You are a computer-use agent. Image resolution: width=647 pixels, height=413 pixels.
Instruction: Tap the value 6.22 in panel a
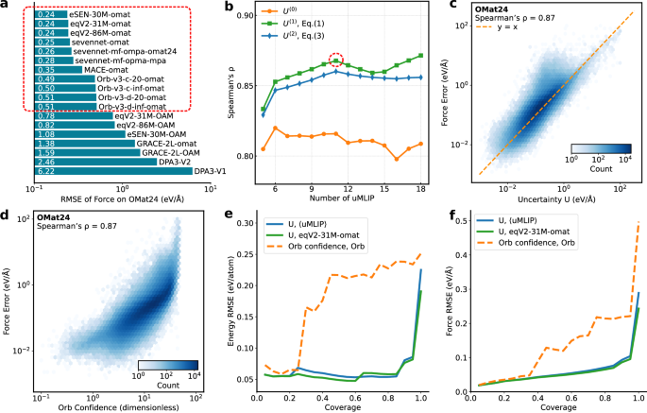[x=43, y=170]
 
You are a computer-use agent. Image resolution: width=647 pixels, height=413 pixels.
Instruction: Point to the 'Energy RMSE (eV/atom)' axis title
[x=224, y=301]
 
